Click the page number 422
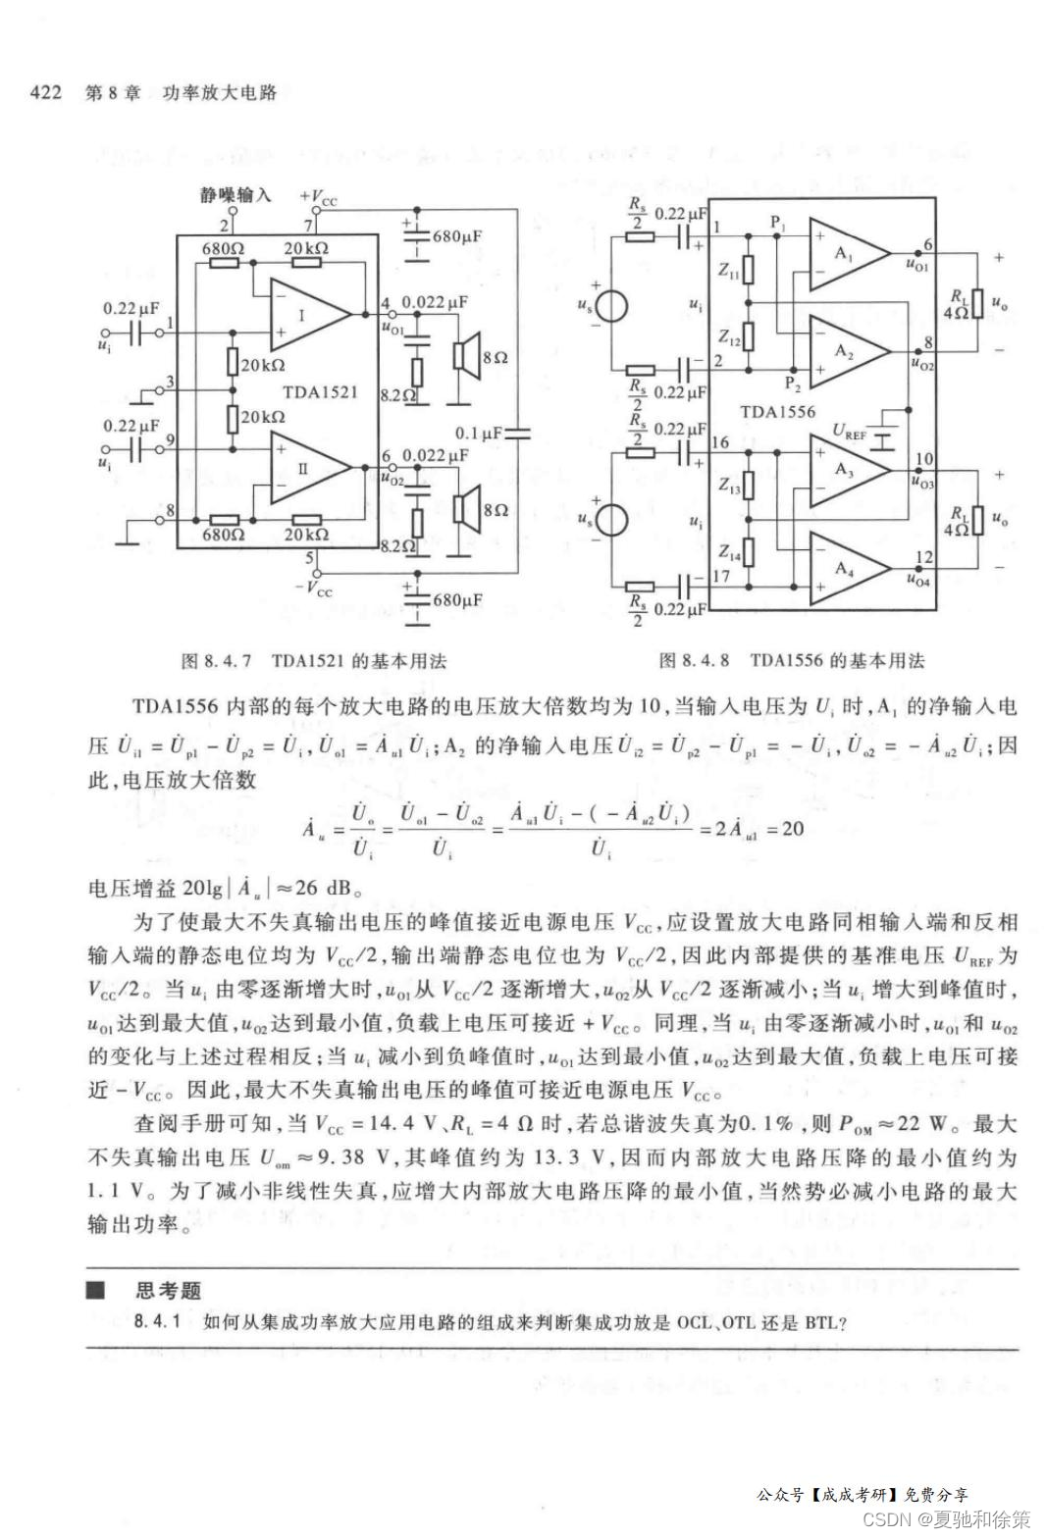click(x=46, y=93)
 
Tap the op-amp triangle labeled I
click(x=305, y=316)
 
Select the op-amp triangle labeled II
click(x=305, y=468)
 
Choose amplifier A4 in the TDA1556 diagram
click(x=845, y=569)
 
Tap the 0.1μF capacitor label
click(x=478, y=432)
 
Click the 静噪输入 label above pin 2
click(x=235, y=194)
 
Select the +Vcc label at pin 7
click(x=319, y=196)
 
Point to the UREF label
click(x=851, y=430)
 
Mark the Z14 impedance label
click(x=729, y=552)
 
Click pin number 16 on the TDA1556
click(x=720, y=442)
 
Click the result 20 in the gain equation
click(x=792, y=829)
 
